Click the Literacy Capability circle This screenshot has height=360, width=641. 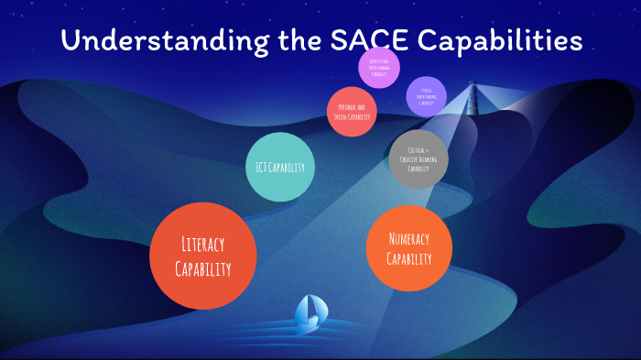[x=202, y=256]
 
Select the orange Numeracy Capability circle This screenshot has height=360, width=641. [x=408, y=248]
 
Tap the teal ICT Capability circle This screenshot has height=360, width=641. [x=281, y=167]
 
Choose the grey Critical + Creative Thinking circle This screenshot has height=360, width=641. [x=418, y=158]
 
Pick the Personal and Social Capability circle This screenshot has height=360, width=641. [x=353, y=112]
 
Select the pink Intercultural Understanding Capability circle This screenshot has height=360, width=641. [x=379, y=67]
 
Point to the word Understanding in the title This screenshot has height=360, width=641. [x=157, y=41]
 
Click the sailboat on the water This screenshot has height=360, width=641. [x=308, y=314]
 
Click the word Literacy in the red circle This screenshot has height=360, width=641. [x=202, y=245]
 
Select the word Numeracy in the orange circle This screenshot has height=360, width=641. [x=408, y=238]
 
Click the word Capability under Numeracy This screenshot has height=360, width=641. [x=408, y=259]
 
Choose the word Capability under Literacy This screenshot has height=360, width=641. [x=202, y=268]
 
